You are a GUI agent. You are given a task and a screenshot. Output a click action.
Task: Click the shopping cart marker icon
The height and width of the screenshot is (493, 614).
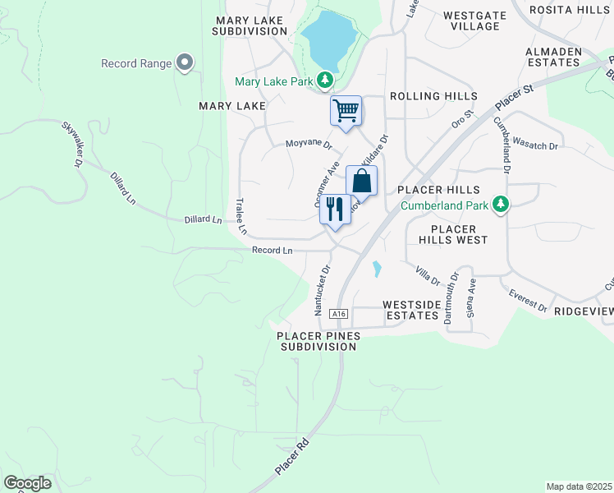click(x=346, y=110)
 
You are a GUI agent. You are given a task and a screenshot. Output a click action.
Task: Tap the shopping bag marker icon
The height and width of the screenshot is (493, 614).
click(x=361, y=181)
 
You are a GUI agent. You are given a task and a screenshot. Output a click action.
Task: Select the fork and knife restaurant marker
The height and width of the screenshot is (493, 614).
click(x=335, y=209)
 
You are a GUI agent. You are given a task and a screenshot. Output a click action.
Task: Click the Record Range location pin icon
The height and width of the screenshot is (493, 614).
click(x=185, y=62)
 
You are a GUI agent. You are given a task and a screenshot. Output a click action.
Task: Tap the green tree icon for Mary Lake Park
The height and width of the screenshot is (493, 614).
click(x=327, y=80)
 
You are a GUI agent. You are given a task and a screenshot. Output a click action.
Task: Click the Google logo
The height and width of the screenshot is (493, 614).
click(x=27, y=483)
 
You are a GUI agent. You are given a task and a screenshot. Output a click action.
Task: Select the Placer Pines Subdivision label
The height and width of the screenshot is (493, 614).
click(x=316, y=341)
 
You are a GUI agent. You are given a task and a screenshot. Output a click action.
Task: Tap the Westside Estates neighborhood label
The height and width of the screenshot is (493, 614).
click(x=411, y=310)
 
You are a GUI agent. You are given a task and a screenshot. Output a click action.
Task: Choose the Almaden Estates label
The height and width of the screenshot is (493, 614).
click(x=554, y=57)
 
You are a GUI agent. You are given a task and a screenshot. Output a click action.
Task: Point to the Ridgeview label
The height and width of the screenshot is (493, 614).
click(x=584, y=312)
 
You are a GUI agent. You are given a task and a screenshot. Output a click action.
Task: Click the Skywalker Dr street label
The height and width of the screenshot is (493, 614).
click(x=73, y=145)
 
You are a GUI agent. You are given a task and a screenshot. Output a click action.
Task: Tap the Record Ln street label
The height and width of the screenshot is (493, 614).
click(x=272, y=251)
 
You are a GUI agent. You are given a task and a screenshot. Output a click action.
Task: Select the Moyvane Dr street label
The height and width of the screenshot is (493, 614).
click(x=308, y=145)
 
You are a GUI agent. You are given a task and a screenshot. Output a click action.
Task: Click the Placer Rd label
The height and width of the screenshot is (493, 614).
click(x=291, y=457)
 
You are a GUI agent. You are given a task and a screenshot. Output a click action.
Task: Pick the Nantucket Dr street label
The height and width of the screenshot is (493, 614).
click(x=321, y=290)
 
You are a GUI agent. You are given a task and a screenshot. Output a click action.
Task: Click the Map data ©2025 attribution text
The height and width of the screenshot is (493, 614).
click(x=578, y=486)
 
